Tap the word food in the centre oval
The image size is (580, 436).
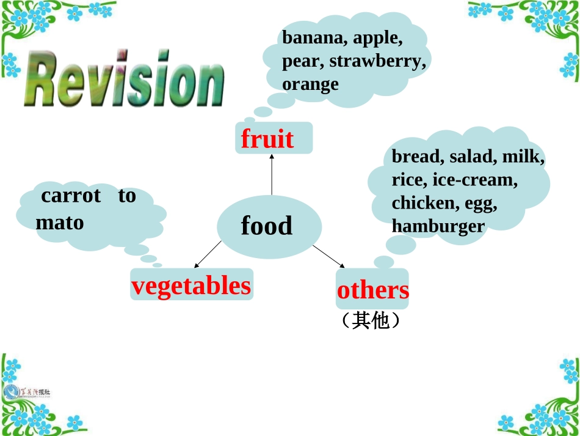pyautogui.click(x=267, y=226)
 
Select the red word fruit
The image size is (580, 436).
pyautogui.click(x=267, y=139)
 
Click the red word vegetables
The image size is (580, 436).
pyautogui.click(x=191, y=286)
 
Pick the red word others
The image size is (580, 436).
pyautogui.click(x=372, y=290)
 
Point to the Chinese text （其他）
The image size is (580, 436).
pyautogui.click(x=371, y=320)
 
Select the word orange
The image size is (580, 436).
pyautogui.click(x=310, y=84)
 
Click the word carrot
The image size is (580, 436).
pyautogui.click(x=71, y=196)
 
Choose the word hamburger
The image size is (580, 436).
pyautogui.click(x=438, y=226)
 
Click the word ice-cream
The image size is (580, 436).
pyautogui.click(x=475, y=180)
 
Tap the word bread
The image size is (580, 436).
pyautogui.click(x=416, y=157)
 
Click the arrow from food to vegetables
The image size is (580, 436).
pyautogui.click(x=208, y=254)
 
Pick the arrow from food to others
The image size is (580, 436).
pyautogui.click(x=329, y=256)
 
